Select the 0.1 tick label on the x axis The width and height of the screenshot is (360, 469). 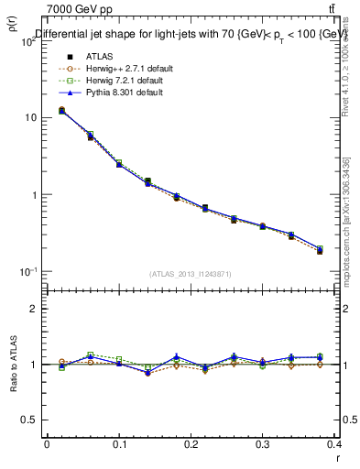(x=119, y=444)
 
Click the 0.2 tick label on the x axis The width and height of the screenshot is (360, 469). (x=191, y=444)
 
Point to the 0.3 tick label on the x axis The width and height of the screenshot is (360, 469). (x=263, y=444)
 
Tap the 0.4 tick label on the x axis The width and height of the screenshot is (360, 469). (x=334, y=444)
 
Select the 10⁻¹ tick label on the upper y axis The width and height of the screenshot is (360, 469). (x=27, y=272)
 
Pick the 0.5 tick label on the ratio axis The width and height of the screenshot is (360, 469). (x=29, y=420)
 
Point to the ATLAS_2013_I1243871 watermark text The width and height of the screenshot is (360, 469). (x=191, y=274)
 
